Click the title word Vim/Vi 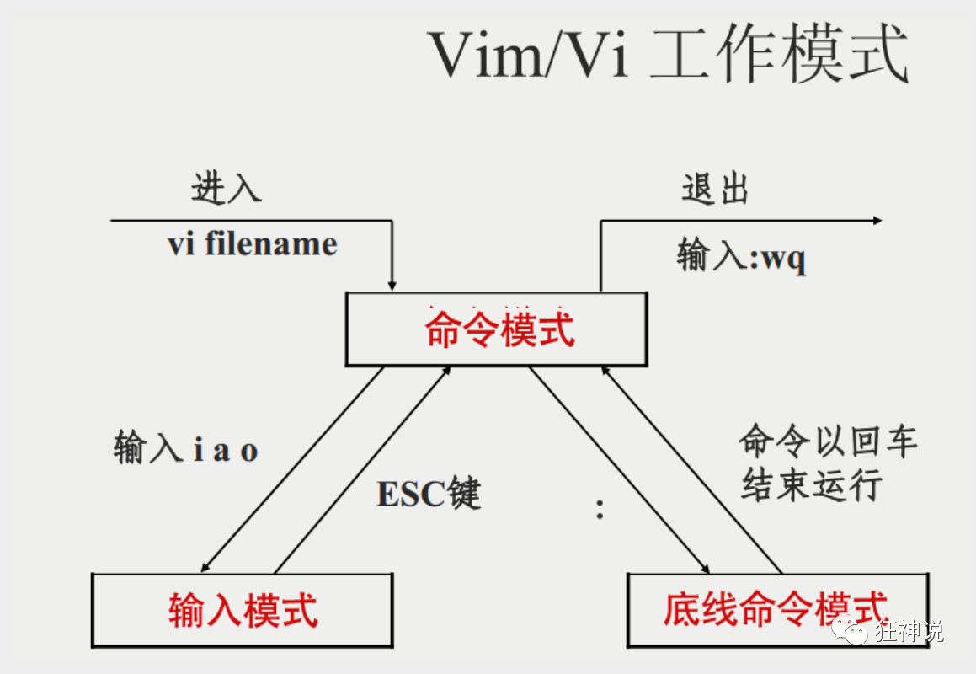[529, 55]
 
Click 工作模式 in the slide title [780, 55]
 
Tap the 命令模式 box [497, 329]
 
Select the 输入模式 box [243, 610]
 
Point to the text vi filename [252, 244]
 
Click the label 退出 [715, 190]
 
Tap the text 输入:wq [741, 255]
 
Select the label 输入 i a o [185, 449]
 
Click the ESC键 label [429, 493]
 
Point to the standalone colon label [600, 508]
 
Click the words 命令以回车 [828, 441]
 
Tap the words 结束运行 [812, 485]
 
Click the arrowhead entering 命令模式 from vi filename [392, 285]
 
